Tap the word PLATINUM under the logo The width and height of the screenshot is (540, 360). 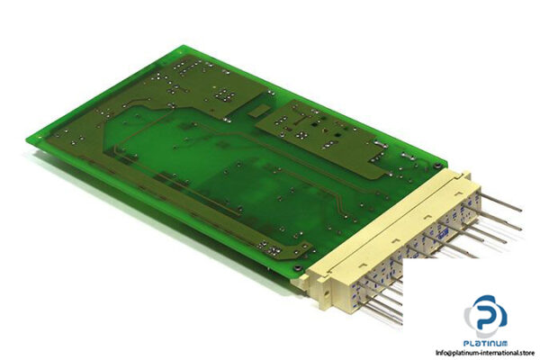489,342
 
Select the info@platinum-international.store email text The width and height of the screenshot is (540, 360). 486,352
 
